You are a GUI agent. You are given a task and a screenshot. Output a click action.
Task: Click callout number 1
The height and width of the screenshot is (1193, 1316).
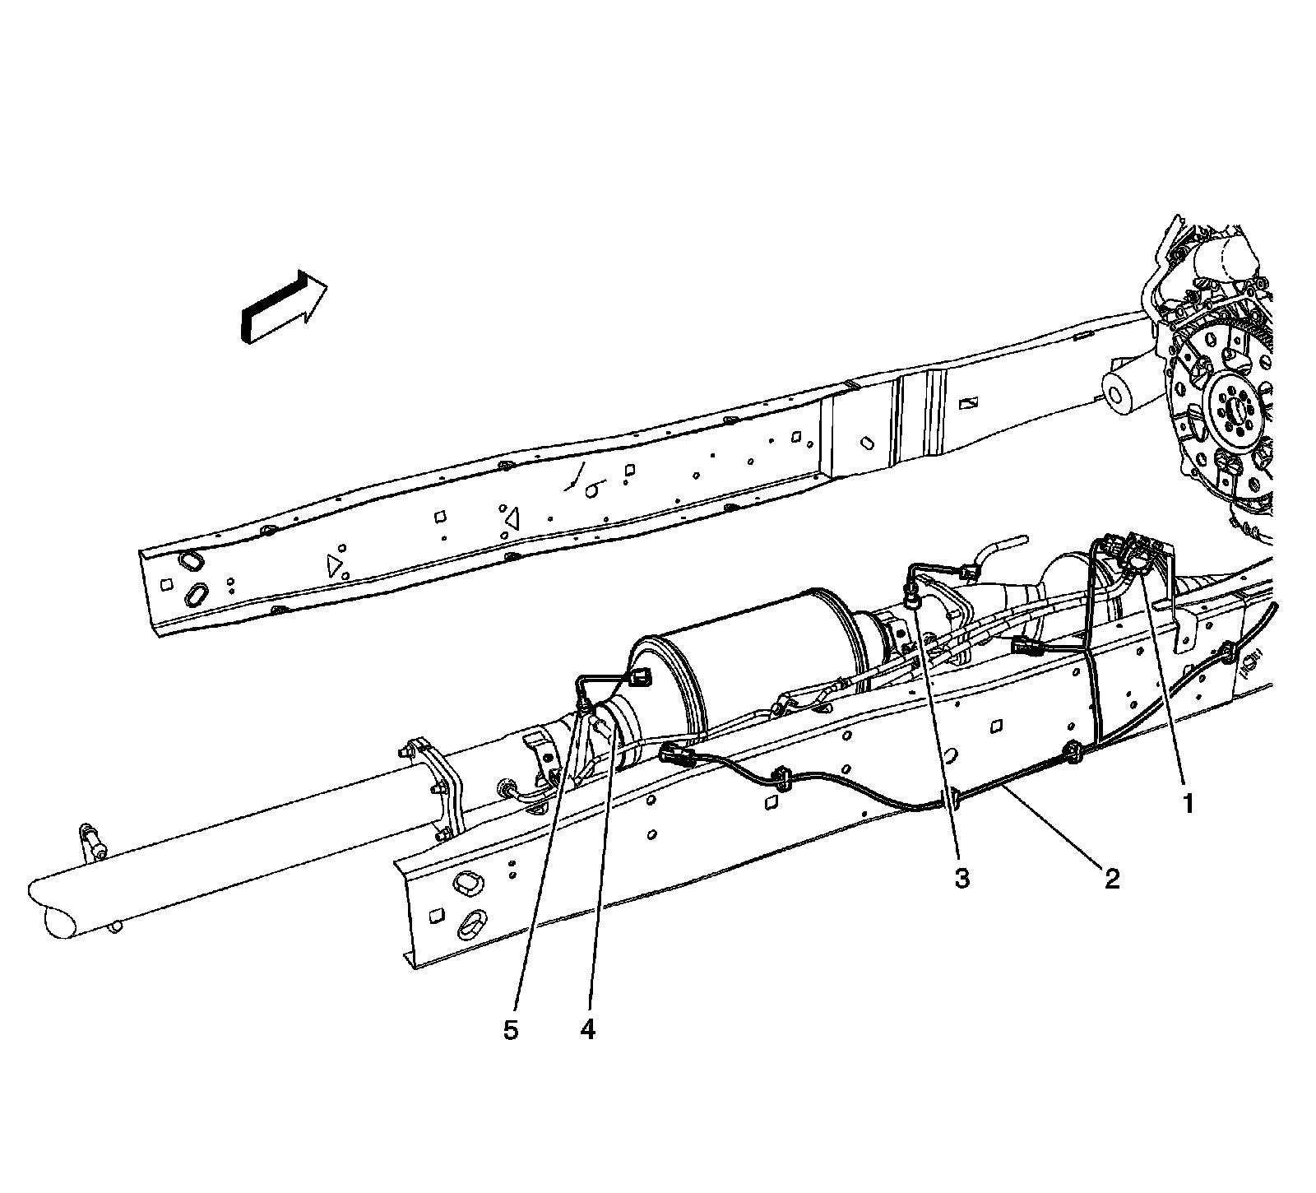pyautogui.click(x=1187, y=804)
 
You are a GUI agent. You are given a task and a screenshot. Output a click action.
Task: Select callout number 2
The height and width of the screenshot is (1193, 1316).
pyautogui.click(x=1111, y=879)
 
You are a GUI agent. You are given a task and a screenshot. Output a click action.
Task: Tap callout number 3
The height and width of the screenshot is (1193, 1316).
pyautogui.click(x=962, y=878)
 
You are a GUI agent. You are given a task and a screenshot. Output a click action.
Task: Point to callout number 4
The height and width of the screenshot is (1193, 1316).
pyautogui.click(x=586, y=1030)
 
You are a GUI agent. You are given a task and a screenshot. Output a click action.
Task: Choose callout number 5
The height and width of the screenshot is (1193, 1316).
pyautogui.click(x=511, y=1030)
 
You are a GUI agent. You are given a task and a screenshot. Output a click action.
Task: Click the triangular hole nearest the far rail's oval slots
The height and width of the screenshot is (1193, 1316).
pyautogui.click(x=334, y=564)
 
